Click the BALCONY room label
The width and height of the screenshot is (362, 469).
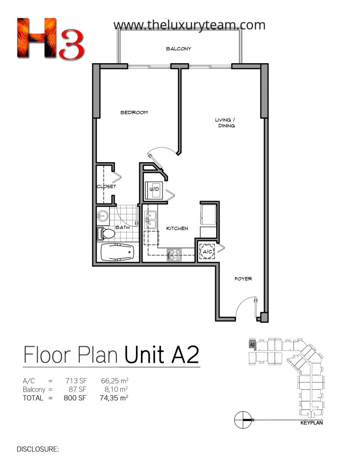[x=178, y=49]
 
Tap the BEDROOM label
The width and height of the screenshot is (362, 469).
[x=134, y=113]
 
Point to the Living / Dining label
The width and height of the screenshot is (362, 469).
[x=225, y=123]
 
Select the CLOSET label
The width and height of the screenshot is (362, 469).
[x=106, y=186]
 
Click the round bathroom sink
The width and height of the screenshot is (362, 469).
[x=103, y=215]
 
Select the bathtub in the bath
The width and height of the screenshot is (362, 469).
[x=118, y=252]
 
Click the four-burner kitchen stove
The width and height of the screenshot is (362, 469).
[x=175, y=255]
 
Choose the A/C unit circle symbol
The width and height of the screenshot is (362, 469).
[x=207, y=251]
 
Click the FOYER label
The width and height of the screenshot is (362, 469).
[x=243, y=279]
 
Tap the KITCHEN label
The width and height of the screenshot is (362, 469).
[x=177, y=228]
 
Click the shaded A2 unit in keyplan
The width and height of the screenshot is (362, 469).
[x=252, y=344]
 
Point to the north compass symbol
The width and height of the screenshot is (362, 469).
[x=243, y=420]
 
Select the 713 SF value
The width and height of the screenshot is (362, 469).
[x=76, y=381]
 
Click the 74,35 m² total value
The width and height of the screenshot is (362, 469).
[x=114, y=398]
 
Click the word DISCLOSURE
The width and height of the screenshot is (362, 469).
[x=38, y=449]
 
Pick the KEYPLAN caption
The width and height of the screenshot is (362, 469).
[x=312, y=423]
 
